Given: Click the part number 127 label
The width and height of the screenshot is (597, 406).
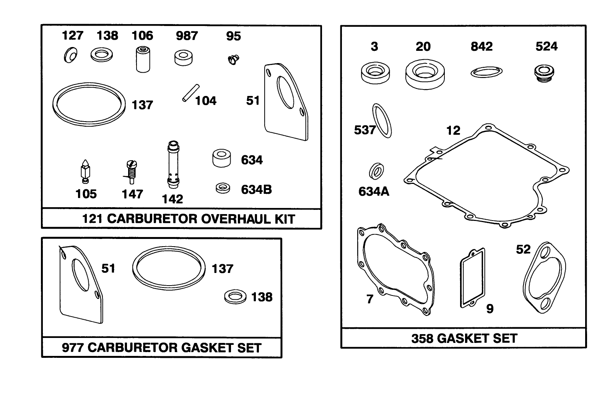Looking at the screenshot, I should point(72,36).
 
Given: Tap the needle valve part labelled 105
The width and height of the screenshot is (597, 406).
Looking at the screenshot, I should point(85,171).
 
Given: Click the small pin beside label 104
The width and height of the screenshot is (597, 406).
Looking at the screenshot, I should point(190,93).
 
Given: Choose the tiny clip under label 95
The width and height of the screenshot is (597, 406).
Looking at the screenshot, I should point(232,59).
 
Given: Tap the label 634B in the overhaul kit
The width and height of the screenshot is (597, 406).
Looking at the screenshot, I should point(256,189).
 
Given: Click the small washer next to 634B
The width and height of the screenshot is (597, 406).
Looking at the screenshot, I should point(223,188).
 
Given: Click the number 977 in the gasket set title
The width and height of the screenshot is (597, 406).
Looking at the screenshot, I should point(73,348).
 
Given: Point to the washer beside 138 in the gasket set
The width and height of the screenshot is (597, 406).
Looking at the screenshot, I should point(235,297).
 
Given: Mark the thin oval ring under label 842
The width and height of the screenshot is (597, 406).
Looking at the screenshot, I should point(486,71).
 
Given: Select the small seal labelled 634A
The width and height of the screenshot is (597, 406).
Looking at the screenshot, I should point(377,171).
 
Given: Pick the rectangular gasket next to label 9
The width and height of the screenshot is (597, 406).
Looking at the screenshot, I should point(473,278).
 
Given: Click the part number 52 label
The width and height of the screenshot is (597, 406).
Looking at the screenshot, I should point(523,249).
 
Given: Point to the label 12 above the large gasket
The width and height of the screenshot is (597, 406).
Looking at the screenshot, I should point(453,131).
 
